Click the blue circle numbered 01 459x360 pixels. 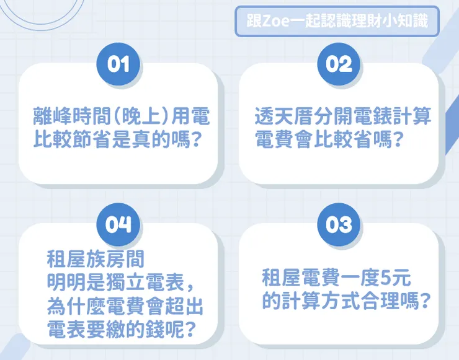(118, 64)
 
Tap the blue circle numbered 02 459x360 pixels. (339, 64)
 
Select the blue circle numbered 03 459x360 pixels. (339, 224)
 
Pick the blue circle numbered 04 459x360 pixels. (118, 224)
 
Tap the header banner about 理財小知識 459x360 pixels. (337, 22)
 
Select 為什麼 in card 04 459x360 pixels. (72, 306)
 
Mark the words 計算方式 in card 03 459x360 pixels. (320, 301)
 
